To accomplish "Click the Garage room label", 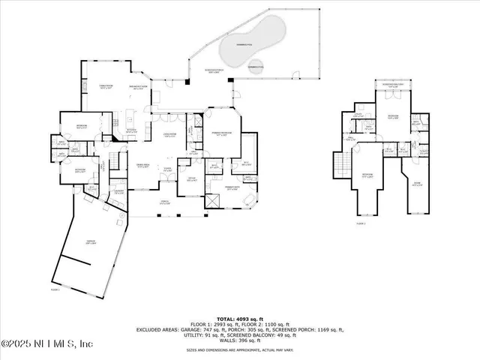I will [x=89, y=241].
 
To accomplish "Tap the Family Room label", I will [x=96, y=88].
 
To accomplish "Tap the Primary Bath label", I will [x=232, y=187].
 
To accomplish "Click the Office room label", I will [x=191, y=179].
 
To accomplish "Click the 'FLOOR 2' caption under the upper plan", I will [x=361, y=223].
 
